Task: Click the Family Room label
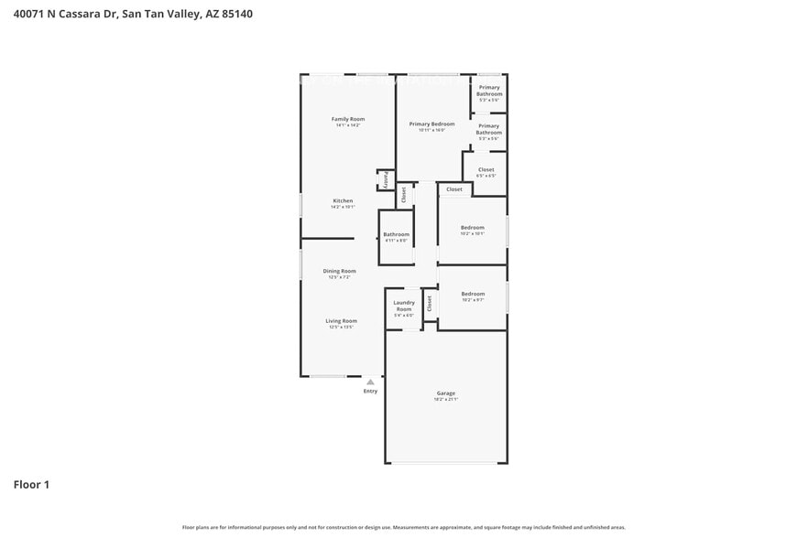347,119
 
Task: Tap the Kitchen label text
343,200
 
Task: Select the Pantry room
386,180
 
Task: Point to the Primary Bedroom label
431,124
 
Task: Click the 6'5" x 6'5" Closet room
486,172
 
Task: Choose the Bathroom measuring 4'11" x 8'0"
396,237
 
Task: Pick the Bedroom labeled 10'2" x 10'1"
472,230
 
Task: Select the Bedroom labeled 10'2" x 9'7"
472,296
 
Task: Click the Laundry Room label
404,306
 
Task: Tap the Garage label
445,393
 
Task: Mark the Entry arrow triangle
370,382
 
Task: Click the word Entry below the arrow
370,391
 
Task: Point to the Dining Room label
339,271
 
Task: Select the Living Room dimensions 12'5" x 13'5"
341,327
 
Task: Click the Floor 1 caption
31,484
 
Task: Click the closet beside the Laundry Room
429,304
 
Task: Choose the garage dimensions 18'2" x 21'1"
445,399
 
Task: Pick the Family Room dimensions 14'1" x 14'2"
347,124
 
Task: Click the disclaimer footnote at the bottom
403,527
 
